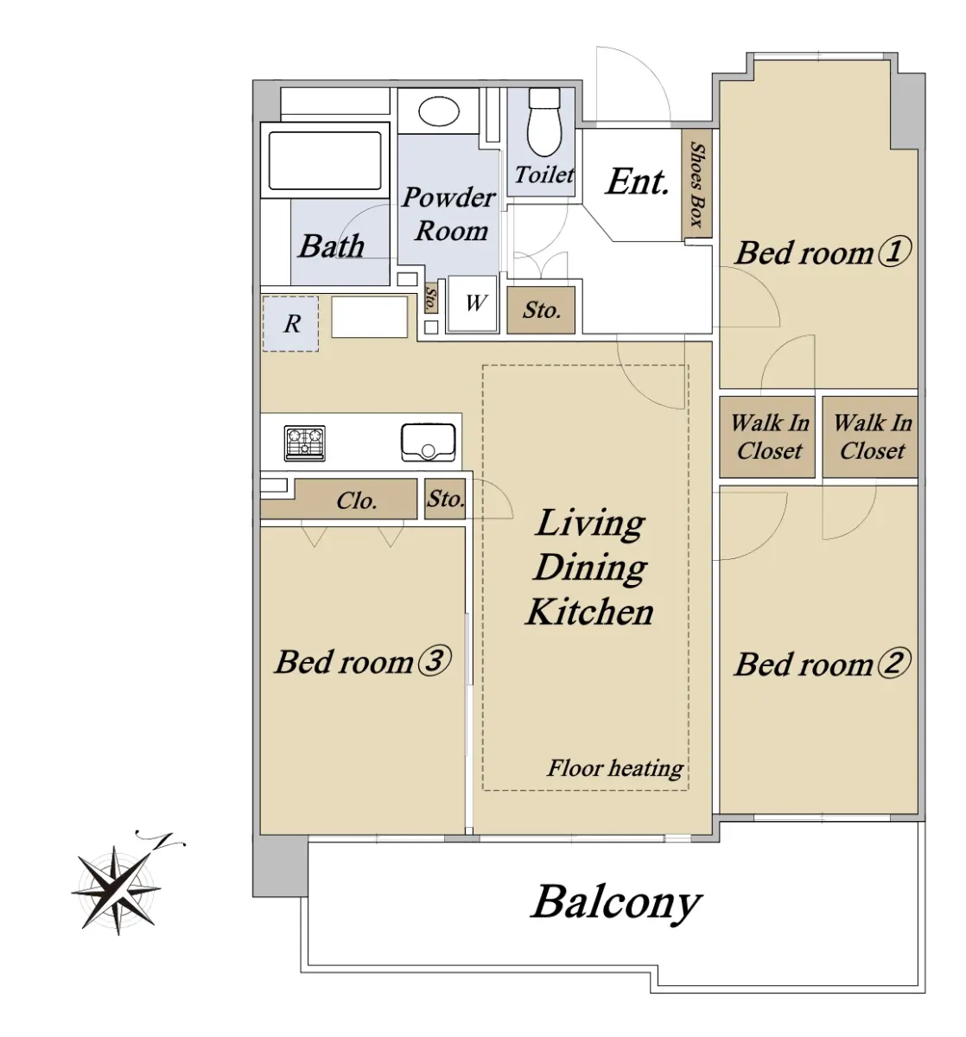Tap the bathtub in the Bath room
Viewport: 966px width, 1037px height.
(x=324, y=160)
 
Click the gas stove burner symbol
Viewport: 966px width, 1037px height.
(x=304, y=443)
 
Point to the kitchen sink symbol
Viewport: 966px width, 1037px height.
(x=428, y=442)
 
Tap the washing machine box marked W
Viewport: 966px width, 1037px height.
(x=472, y=302)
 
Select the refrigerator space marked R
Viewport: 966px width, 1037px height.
(x=289, y=324)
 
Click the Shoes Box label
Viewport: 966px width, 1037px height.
(x=696, y=184)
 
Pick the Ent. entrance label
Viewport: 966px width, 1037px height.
(x=638, y=181)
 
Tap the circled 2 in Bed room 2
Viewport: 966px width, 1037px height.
(x=894, y=662)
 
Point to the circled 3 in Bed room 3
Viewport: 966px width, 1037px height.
(x=435, y=659)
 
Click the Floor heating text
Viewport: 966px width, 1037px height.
(x=615, y=768)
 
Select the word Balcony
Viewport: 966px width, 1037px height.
(x=616, y=903)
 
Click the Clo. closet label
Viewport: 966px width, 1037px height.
(x=357, y=500)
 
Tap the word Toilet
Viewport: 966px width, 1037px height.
(x=544, y=175)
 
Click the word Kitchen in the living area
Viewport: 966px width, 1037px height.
(x=590, y=611)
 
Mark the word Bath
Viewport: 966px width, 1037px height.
(x=331, y=245)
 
